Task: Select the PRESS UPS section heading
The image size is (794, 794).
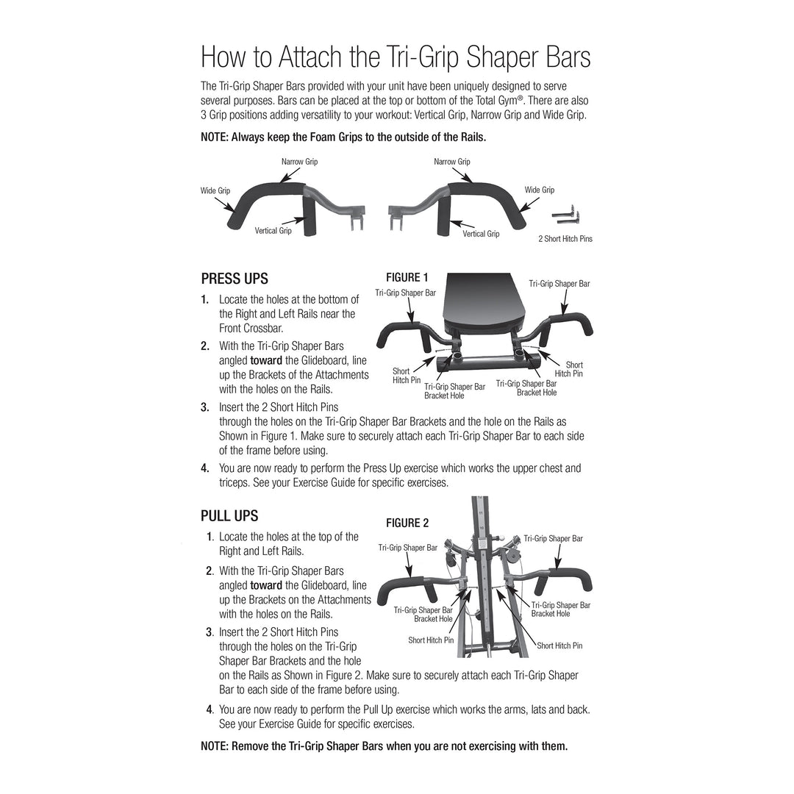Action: [x=235, y=279]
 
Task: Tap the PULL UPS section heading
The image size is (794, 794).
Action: [x=229, y=516]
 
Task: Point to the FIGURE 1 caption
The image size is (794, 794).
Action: [x=407, y=277]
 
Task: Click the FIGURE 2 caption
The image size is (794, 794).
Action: [x=407, y=523]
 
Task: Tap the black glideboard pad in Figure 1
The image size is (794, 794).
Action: [x=484, y=303]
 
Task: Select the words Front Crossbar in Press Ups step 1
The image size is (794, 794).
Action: [x=250, y=329]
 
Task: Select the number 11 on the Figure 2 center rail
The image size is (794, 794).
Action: [x=480, y=512]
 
